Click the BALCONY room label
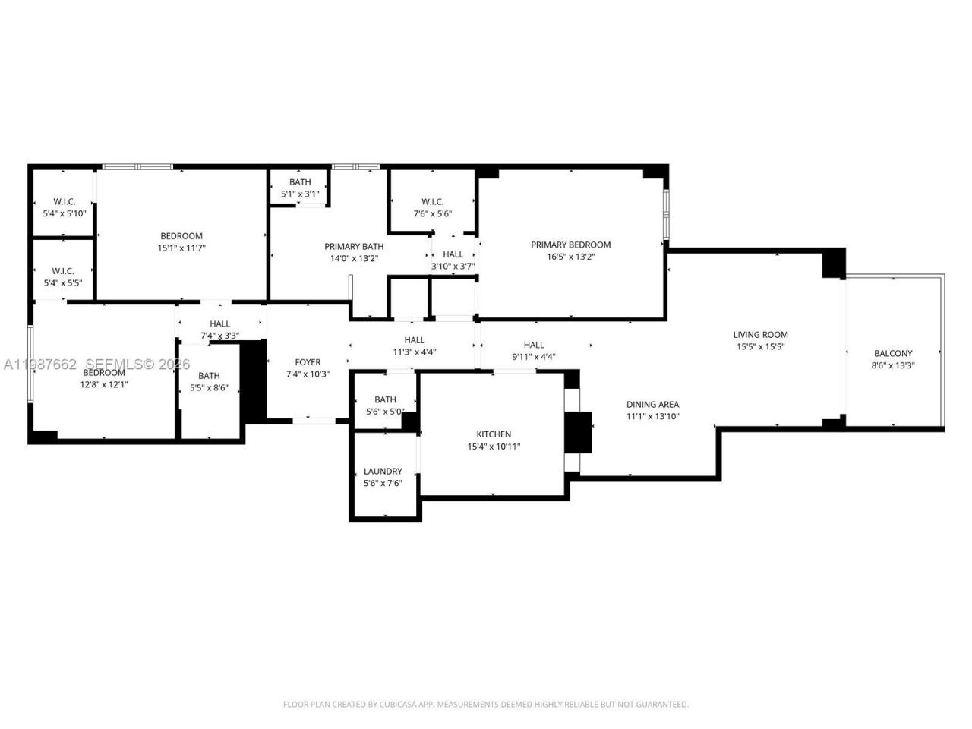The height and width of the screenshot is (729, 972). pyautogui.click(x=893, y=353)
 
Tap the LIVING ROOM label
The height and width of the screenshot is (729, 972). pyautogui.click(x=760, y=334)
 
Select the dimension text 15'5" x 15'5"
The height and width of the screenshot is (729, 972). pyautogui.click(x=760, y=347)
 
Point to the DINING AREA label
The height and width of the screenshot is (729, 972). pyautogui.click(x=652, y=405)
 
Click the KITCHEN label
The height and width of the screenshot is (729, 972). pyautogui.click(x=494, y=434)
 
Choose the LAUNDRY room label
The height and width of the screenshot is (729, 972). pyautogui.click(x=383, y=471)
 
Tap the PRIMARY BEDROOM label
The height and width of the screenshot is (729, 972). pyautogui.click(x=570, y=245)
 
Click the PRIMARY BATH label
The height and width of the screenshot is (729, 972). pyautogui.click(x=354, y=246)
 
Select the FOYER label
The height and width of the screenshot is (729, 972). pyautogui.click(x=308, y=362)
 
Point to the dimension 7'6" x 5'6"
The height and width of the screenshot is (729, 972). pyautogui.click(x=432, y=214)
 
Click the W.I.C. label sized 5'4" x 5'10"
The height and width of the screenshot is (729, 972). pyautogui.click(x=64, y=201)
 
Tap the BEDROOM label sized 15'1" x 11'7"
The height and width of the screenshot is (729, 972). pyautogui.click(x=181, y=235)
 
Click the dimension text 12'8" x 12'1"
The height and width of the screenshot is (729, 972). pyautogui.click(x=104, y=385)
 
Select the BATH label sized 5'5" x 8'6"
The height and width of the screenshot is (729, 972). pyautogui.click(x=209, y=375)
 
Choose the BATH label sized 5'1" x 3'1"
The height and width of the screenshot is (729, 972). pyautogui.click(x=300, y=182)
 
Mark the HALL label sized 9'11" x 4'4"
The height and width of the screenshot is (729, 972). pyautogui.click(x=534, y=345)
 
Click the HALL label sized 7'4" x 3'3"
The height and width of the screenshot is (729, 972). pyautogui.click(x=219, y=323)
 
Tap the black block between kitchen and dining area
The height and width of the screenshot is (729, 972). pyautogui.click(x=579, y=432)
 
